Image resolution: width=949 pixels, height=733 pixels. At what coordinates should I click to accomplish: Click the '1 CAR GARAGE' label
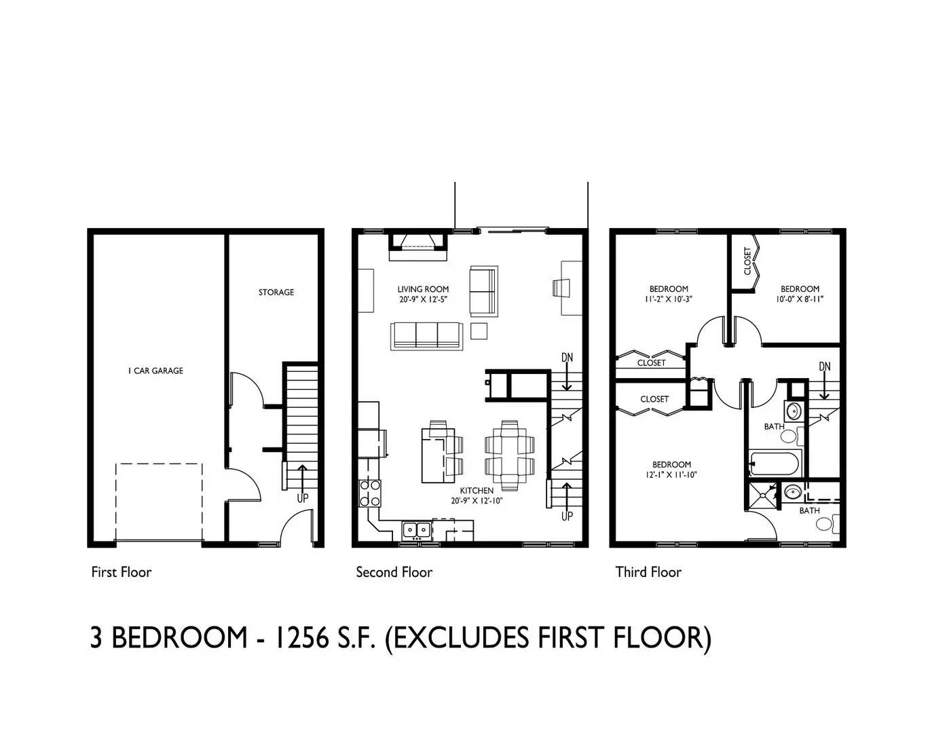click(x=155, y=371)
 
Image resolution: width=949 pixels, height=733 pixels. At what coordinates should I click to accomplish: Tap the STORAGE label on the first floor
click(x=276, y=292)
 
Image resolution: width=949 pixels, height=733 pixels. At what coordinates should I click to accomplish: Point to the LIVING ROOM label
click(x=423, y=289)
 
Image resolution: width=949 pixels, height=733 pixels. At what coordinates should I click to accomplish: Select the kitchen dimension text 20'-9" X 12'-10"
click(x=477, y=501)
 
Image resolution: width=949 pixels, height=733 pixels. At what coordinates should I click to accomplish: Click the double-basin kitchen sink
click(x=417, y=530)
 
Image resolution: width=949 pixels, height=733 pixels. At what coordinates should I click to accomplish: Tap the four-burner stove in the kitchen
click(x=369, y=493)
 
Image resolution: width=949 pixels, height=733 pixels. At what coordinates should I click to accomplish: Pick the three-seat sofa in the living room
click(x=426, y=336)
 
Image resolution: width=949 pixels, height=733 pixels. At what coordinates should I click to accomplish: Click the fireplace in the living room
click(x=418, y=246)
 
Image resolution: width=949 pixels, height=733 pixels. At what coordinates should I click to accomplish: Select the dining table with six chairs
click(x=509, y=455)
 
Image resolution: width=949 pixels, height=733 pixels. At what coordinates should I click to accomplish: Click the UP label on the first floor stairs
click(x=303, y=497)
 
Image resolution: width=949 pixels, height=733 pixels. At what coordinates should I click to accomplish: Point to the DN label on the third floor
click(x=824, y=366)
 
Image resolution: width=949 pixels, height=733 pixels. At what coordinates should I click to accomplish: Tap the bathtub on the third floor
click(x=775, y=463)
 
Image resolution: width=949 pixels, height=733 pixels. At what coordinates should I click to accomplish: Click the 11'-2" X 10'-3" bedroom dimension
click(x=668, y=299)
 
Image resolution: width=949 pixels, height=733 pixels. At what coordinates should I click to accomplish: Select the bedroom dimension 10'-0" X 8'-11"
click(x=799, y=299)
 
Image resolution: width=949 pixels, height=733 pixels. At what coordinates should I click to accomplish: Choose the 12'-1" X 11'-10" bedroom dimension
click(x=671, y=475)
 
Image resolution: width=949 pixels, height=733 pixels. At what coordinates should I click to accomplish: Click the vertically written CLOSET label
click(x=747, y=261)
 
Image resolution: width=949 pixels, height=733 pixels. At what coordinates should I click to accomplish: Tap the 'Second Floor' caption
click(x=394, y=572)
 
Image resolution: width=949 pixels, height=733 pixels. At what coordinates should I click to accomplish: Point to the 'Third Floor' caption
click(x=648, y=572)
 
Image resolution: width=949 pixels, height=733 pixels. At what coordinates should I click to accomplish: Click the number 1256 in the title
click(x=301, y=638)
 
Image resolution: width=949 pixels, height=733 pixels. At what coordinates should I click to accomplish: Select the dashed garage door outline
click(x=159, y=464)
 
